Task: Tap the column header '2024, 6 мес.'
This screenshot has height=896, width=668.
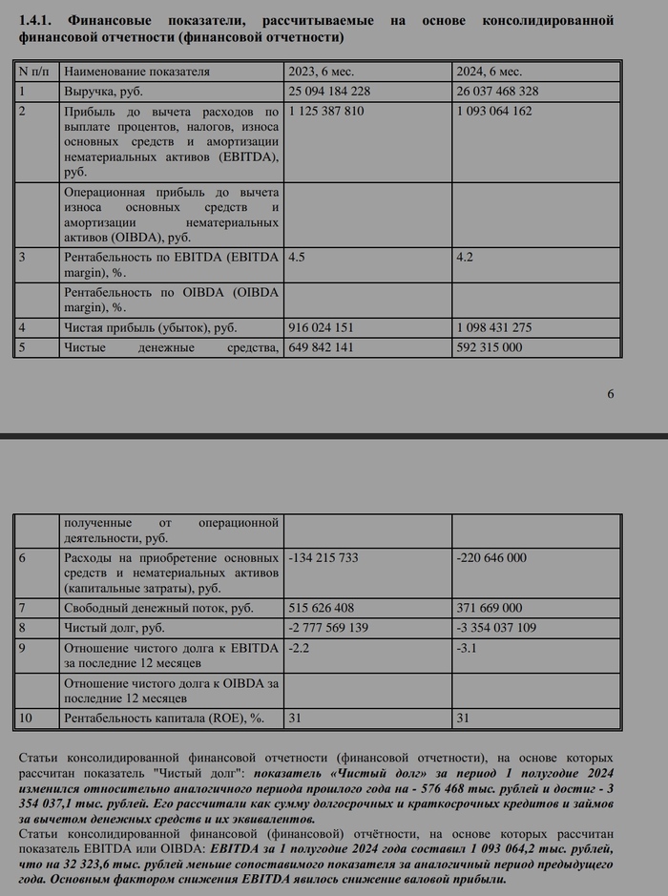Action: coord(492,72)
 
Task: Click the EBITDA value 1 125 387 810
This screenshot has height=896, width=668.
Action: coord(325,112)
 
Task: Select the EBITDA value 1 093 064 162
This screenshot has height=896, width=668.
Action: coord(495,112)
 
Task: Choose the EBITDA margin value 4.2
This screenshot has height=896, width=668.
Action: coord(466,258)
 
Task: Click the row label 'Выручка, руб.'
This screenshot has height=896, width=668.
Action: coord(103,92)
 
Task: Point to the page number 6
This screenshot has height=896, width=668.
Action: coord(611,394)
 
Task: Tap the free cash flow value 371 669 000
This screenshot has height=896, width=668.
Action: coord(490,608)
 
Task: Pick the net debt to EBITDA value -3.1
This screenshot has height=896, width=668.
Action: coord(468,648)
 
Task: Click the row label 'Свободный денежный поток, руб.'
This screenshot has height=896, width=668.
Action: coord(158,608)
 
